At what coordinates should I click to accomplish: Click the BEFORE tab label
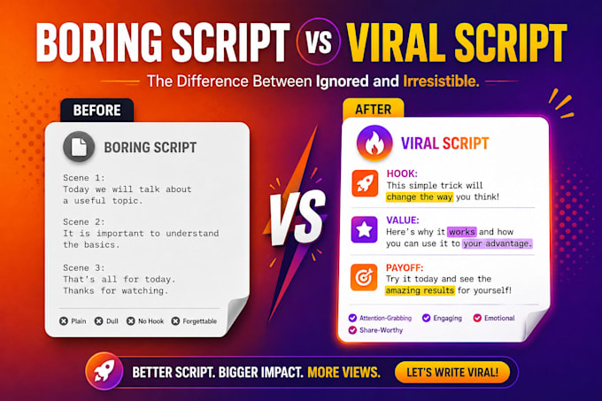tap(96, 111)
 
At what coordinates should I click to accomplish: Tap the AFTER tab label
tap(374, 110)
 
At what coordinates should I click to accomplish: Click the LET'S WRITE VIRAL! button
tap(452, 372)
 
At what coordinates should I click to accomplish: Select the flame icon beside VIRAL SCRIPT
tap(374, 143)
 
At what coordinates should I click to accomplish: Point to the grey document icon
tap(79, 147)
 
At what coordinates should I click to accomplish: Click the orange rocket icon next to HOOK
tap(365, 184)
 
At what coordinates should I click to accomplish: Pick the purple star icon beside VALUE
tap(364, 229)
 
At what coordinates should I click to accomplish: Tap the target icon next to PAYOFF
tap(364, 277)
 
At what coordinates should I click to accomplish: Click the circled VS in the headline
tap(319, 42)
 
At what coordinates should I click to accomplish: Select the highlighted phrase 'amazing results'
tap(420, 290)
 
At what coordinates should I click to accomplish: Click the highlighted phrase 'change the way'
tap(420, 197)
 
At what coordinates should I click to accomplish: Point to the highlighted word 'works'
tap(462, 232)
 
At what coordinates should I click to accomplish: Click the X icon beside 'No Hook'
tap(130, 321)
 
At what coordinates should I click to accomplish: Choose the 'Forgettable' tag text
tap(200, 321)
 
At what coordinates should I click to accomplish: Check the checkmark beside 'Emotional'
tap(477, 318)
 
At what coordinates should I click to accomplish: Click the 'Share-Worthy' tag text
tap(381, 330)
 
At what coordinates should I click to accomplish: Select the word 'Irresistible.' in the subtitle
tap(441, 81)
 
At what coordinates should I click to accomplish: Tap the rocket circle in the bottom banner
tap(104, 371)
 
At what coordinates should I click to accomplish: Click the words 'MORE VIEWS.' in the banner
tap(344, 372)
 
